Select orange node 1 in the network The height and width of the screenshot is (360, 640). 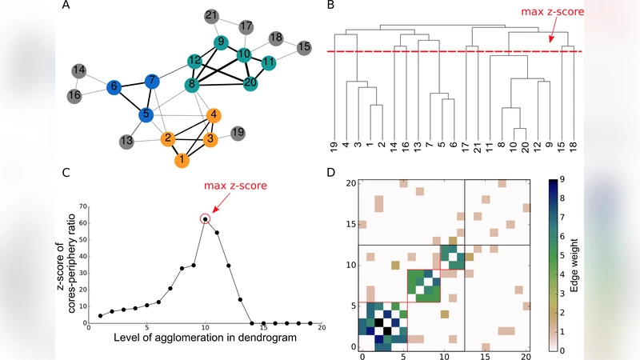[184, 160]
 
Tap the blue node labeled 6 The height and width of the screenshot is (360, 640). [114, 86]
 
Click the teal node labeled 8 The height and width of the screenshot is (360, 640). [192, 85]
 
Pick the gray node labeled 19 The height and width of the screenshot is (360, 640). [237, 131]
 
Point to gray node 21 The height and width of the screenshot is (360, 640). [211, 15]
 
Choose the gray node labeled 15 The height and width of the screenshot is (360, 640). [304, 48]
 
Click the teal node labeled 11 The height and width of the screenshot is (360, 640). [270, 62]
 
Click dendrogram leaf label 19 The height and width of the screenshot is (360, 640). [334, 149]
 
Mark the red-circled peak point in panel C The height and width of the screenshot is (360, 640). [206, 218]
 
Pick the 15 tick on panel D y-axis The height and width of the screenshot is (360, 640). [350, 225]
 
